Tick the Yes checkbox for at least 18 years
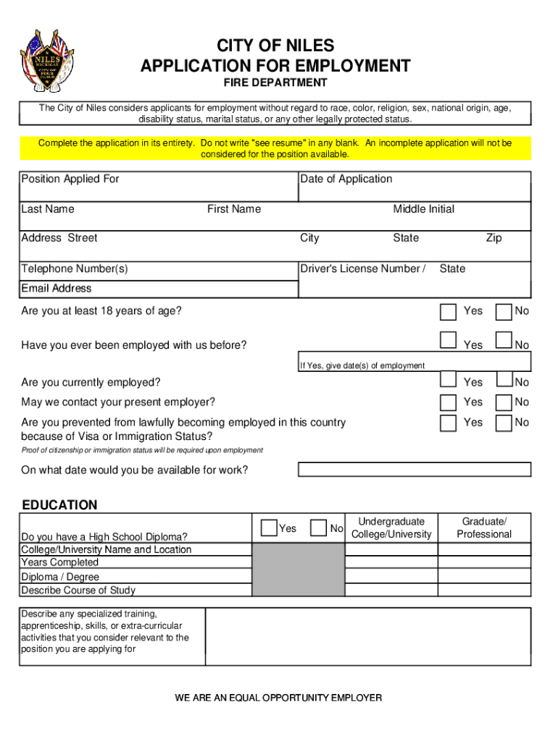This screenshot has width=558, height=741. tap(449, 312)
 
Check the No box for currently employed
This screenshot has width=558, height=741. tap(504, 380)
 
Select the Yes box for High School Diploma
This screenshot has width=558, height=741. tap(269, 528)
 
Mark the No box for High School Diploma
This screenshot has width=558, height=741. tap(318, 528)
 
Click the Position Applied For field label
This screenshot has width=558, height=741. tap(70, 179)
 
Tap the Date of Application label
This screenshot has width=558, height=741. tap(346, 179)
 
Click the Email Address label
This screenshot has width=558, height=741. tap(57, 288)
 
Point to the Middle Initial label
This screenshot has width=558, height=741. tap(423, 209)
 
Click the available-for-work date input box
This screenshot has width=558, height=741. tap(415, 469)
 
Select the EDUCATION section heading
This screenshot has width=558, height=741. tap(59, 505)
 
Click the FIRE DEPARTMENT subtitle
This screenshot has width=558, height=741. tap(275, 83)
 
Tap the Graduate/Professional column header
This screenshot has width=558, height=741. tap(484, 528)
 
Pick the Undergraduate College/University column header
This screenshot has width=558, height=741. tap(391, 528)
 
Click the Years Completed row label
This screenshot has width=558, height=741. tap(60, 562)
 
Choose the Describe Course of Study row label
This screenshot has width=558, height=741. tap(78, 590)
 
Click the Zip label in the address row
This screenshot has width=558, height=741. tap(494, 238)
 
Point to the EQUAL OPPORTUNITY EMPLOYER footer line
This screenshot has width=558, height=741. tap(278, 698)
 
